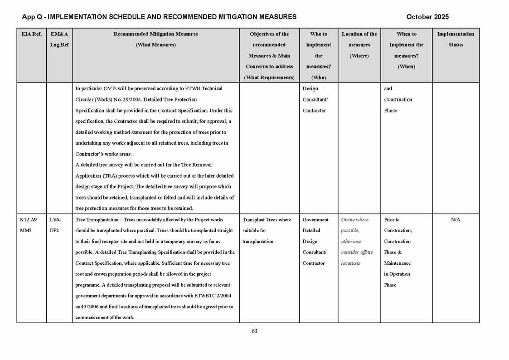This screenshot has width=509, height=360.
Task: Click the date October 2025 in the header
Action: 427,17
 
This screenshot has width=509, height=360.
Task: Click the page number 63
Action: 254,331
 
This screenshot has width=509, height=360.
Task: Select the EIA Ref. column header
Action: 31,34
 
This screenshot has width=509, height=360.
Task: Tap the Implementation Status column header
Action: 456,39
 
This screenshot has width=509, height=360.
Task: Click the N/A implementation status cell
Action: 456,219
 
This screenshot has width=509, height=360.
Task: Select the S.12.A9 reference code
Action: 29,219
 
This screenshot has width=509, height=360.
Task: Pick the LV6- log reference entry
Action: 55,219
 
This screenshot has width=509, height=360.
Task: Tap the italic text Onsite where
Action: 355,219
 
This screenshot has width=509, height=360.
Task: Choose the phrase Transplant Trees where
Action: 267,219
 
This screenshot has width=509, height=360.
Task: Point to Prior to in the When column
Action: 392,219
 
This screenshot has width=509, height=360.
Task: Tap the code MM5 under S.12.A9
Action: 26,230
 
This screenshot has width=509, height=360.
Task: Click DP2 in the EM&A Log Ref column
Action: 54,230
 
